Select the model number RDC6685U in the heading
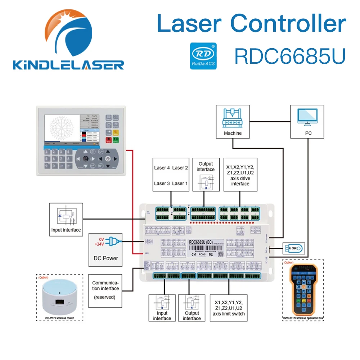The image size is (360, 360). (x=290, y=56)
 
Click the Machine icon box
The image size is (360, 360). (x=233, y=121)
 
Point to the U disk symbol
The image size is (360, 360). (x=292, y=248)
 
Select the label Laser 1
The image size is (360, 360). (x=180, y=183)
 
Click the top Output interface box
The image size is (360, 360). (x=206, y=174)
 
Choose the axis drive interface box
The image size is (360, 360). (x=240, y=174)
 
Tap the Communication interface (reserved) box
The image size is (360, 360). (x=105, y=291)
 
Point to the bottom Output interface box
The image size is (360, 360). (x=192, y=307)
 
